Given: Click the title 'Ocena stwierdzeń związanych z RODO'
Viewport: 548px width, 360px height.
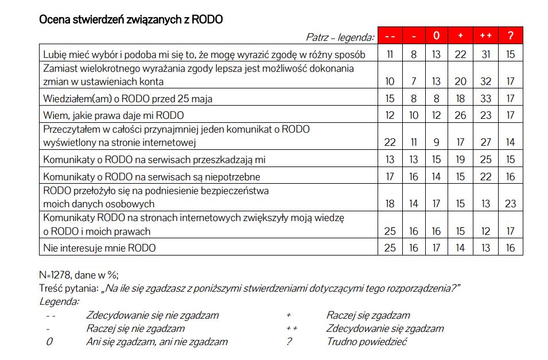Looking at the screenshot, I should [x=131, y=20].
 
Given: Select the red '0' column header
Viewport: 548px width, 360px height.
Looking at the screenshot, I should [x=436, y=36].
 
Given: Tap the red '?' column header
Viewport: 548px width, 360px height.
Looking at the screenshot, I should [x=510, y=36].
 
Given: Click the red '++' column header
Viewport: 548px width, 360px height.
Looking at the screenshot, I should [x=485, y=36].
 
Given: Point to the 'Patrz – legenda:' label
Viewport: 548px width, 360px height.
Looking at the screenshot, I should [x=340, y=37].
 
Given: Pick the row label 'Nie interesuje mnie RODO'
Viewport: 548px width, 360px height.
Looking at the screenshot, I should [x=100, y=248].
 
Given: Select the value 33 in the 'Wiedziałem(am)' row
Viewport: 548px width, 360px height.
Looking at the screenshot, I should [x=485, y=99].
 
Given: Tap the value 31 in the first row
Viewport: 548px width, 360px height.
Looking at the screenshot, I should [x=485, y=55].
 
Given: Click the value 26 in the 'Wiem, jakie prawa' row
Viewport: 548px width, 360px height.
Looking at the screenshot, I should [x=460, y=115].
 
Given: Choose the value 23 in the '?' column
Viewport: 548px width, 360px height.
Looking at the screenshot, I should [x=510, y=204].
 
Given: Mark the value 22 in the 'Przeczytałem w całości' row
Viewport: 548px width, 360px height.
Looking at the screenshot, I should [x=390, y=142].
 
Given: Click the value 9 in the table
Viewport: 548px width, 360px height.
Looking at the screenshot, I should [x=436, y=142].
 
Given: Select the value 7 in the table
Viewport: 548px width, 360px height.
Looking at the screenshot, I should [x=414, y=82].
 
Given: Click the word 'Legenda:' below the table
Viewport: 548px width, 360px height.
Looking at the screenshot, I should [x=59, y=301].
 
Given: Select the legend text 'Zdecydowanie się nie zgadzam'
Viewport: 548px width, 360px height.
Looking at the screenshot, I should [x=152, y=315].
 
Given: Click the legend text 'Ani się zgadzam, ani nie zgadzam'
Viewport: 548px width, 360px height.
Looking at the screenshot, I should [x=157, y=342].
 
